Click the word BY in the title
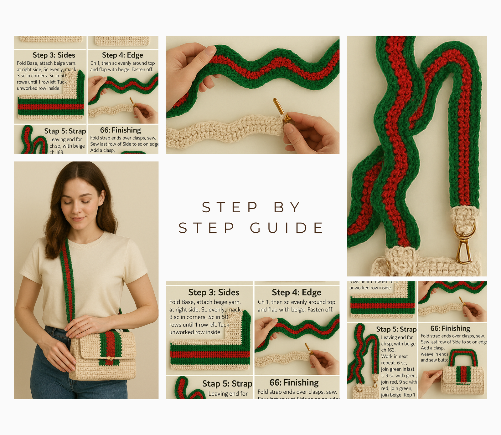[x=287, y=207]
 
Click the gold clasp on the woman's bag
[x=110, y=358]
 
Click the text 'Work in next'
[x=394, y=357]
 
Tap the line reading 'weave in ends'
[x=435, y=354]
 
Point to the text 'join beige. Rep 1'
[x=398, y=395]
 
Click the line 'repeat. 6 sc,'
[x=394, y=363]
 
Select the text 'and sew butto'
[x=435, y=360]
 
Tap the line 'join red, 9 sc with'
[x=399, y=382]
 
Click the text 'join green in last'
[x=397, y=369]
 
